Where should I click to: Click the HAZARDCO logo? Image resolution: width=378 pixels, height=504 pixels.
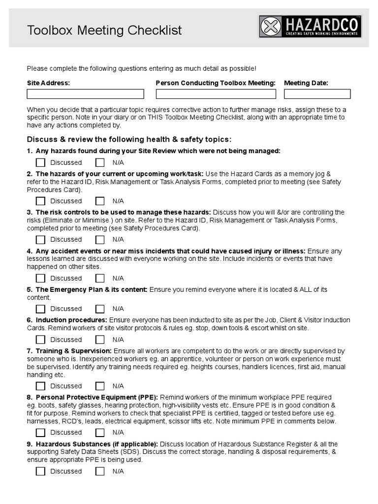click(x=310, y=27)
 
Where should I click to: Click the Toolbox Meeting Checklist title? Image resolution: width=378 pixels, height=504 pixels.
click(x=104, y=31)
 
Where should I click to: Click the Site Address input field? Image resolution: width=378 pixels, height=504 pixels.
click(x=85, y=94)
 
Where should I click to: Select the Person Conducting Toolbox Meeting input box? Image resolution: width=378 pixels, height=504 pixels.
click(x=216, y=94)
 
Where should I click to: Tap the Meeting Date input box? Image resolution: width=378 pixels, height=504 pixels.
click(x=317, y=94)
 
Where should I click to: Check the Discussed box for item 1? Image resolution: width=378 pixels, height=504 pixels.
click(x=40, y=162)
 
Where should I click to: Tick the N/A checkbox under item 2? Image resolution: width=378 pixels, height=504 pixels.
click(x=100, y=201)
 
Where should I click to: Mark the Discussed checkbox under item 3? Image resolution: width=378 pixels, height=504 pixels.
click(x=40, y=240)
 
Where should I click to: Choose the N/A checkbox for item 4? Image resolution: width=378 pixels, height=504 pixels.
click(x=100, y=278)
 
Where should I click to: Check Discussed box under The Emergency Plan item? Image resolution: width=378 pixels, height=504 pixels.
click(x=40, y=309)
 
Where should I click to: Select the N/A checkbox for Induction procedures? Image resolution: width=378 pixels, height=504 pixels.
click(x=100, y=340)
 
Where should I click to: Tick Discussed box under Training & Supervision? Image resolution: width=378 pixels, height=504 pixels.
click(x=40, y=386)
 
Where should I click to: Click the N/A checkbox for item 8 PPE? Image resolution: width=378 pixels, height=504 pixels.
click(x=100, y=433)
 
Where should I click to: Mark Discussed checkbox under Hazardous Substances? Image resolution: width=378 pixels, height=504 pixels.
click(x=40, y=471)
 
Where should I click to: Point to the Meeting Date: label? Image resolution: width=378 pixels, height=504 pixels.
click(x=306, y=83)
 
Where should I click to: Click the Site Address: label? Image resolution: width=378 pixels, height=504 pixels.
click(x=48, y=83)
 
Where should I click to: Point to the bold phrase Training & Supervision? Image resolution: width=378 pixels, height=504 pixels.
click(x=73, y=351)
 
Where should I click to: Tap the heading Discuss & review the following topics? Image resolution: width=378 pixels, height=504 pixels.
click(x=129, y=139)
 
